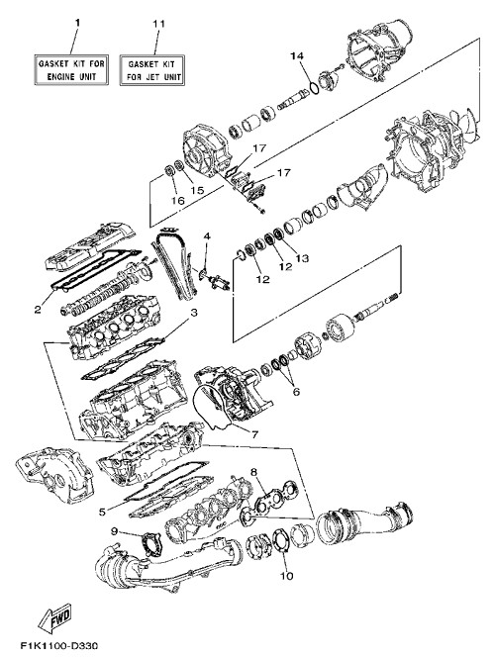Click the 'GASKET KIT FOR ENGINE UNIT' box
[x=71, y=70]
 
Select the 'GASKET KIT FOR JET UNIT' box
[x=152, y=70]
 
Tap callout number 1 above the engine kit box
[x=77, y=23]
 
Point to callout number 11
[x=158, y=23]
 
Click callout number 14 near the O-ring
[x=297, y=55]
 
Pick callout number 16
[x=178, y=201]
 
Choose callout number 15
[x=197, y=190]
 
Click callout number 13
[x=302, y=257]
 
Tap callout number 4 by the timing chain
[x=207, y=236]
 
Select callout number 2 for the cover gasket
[x=38, y=310]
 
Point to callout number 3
[x=194, y=313]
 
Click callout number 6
[x=296, y=392]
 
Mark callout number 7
[x=254, y=434]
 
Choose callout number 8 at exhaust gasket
[x=253, y=472]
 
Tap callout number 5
[x=102, y=512]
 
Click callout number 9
[x=114, y=531]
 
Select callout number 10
[x=287, y=576]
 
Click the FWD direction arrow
[x=55, y=617]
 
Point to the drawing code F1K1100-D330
[x=58, y=645]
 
